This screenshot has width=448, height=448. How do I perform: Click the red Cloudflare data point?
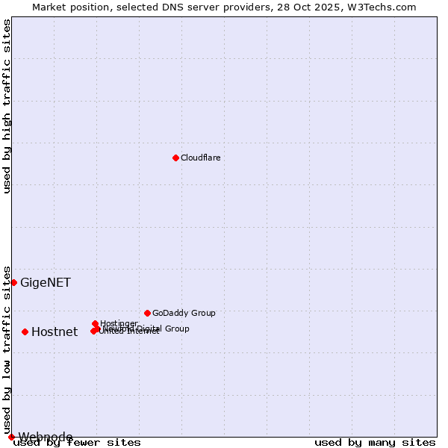point(175,158)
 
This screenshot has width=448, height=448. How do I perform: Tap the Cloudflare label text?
point(200,158)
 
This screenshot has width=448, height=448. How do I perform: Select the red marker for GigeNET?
point(13,282)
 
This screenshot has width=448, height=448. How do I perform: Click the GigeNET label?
point(46,282)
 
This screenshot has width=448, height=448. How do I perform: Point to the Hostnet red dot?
point(25,332)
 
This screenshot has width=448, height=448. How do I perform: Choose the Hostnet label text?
point(55,332)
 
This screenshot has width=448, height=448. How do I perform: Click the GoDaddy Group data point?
point(147,313)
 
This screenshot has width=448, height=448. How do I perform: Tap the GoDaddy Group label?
point(184,313)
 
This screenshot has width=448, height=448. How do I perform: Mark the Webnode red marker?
point(11,437)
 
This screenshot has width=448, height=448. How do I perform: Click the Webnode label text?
point(46,437)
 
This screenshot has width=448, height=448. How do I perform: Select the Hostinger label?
point(119,323)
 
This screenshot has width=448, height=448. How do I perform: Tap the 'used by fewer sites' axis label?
point(77,443)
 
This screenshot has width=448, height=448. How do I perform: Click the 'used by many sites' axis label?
point(375,443)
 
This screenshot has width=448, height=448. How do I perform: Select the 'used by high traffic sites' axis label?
point(7,106)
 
